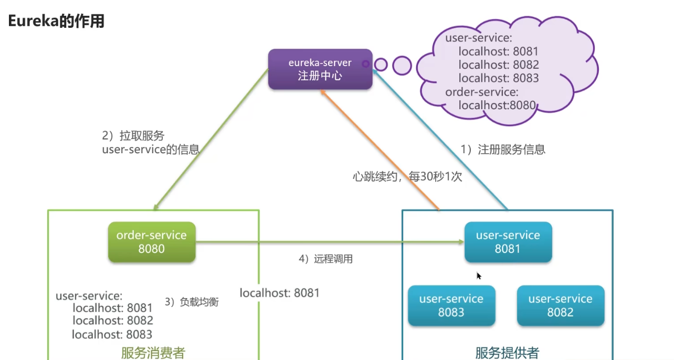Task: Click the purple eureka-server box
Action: point(320,69)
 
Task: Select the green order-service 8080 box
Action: point(152,242)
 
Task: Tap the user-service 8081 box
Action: point(508,242)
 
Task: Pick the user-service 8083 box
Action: point(451,305)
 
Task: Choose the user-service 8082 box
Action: point(560,305)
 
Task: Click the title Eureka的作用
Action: point(56,22)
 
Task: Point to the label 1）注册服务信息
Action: point(503,150)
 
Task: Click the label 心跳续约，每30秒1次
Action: point(407,176)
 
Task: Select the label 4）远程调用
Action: point(325,259)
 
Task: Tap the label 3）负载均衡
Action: point(192,302)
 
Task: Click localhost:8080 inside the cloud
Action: point(497,105)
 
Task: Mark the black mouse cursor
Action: point(479,276)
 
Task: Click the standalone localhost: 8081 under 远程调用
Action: point(279,293)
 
